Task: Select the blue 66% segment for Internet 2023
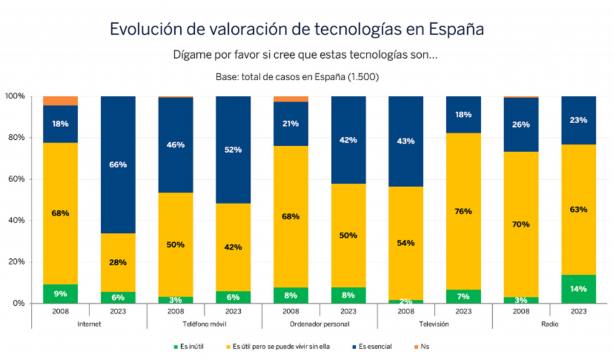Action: point(118,164)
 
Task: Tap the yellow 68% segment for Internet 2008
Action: point(60,213)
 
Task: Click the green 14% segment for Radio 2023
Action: point(579,288)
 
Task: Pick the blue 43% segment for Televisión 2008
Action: point(406,141)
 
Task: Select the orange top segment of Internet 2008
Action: point(60,100)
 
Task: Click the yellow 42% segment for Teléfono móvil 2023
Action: point(233,246)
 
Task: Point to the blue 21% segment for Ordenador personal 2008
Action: point(291,123)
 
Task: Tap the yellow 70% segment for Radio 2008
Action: point(521,224)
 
